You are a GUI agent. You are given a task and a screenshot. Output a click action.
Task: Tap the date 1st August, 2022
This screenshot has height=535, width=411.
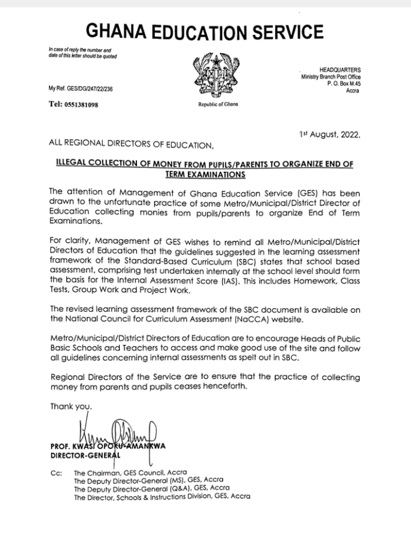(330, 135)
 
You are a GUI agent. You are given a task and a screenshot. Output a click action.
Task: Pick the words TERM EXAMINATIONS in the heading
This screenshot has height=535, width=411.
(206, 175)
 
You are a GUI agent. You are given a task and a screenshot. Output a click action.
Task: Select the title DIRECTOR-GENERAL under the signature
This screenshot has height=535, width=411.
(85, 456)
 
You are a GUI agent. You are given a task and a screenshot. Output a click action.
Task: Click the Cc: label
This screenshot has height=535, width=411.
(57, 473)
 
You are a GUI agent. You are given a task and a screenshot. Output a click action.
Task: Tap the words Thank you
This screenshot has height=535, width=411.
(71, 406)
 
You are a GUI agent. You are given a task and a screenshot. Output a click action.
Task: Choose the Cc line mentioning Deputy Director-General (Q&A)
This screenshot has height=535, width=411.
(152, 488)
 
